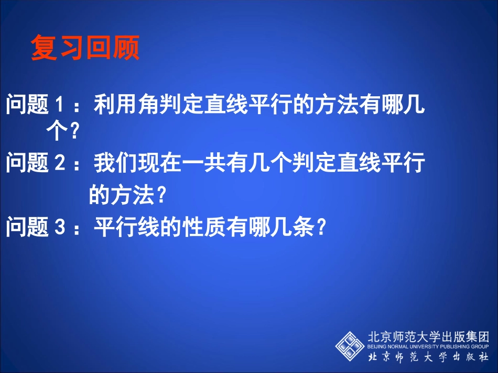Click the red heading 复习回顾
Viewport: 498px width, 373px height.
(x=85, y=48)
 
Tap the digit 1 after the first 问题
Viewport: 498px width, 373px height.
(x=60, y=106)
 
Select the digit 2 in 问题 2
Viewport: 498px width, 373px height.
(x=60, y=164)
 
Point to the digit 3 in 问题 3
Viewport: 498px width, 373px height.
(x=60, y=228)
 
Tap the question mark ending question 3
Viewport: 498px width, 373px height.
(x=323, y=228)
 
